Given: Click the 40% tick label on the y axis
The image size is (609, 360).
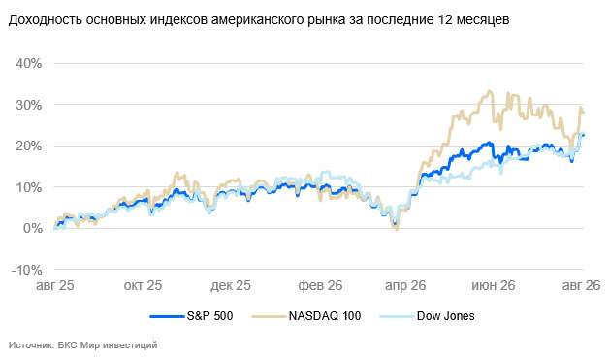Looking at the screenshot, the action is [29, 63].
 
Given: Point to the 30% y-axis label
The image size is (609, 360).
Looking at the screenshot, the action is [29, 105].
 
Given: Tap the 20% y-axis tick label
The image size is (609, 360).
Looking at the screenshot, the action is [29, 146].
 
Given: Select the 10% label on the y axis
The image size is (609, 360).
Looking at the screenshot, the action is [29, 187].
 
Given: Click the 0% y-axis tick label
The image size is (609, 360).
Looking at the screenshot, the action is [33, 228].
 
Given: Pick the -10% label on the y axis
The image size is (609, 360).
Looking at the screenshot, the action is [27, 270].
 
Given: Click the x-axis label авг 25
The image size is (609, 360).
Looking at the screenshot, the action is [54, 285].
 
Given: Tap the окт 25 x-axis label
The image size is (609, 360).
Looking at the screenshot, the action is [143, 285].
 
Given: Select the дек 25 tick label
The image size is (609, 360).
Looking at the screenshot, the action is [231, 285].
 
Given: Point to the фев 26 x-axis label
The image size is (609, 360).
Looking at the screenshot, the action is [320, 285].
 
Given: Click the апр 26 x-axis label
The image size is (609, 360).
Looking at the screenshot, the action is [405, 285].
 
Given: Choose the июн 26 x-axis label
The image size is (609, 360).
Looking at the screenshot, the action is [494, 285].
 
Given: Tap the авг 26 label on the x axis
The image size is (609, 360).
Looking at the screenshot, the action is [582, 285].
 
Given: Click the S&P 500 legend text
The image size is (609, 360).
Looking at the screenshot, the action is [209, 316].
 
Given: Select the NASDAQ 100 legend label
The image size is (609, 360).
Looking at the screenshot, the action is [325, 316].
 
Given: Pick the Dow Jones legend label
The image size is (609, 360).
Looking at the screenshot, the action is [445, 316].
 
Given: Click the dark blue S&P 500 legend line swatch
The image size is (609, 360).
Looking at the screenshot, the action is [167, 317].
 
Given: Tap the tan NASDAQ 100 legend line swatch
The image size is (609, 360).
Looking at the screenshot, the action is [269, 317].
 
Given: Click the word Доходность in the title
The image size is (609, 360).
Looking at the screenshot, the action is [45, 19].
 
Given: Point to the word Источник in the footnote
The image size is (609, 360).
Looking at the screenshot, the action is [31, 344].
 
